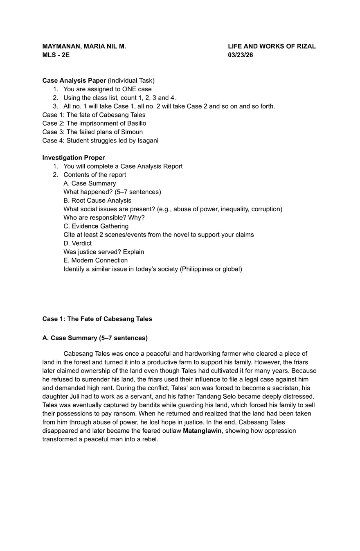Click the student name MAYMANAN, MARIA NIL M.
(84, 47)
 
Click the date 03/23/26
(241, 55)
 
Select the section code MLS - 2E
(56, 55)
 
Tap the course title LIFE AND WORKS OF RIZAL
(272, 47)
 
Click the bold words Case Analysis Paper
(74, 81)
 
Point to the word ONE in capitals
(130, 89)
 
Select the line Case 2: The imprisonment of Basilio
(94, 124)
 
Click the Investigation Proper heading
(74, 158)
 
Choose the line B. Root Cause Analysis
(97, 201)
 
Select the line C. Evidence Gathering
(96, 226)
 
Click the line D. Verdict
(77, 244)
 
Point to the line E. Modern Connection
(95, 261)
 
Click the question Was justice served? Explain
(103, 252)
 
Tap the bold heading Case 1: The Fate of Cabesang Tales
(97, 319)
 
